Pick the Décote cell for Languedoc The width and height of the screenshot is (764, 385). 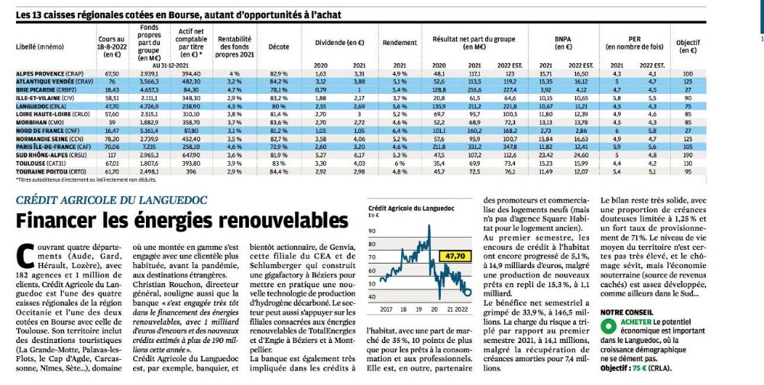(x=277, y=105)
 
